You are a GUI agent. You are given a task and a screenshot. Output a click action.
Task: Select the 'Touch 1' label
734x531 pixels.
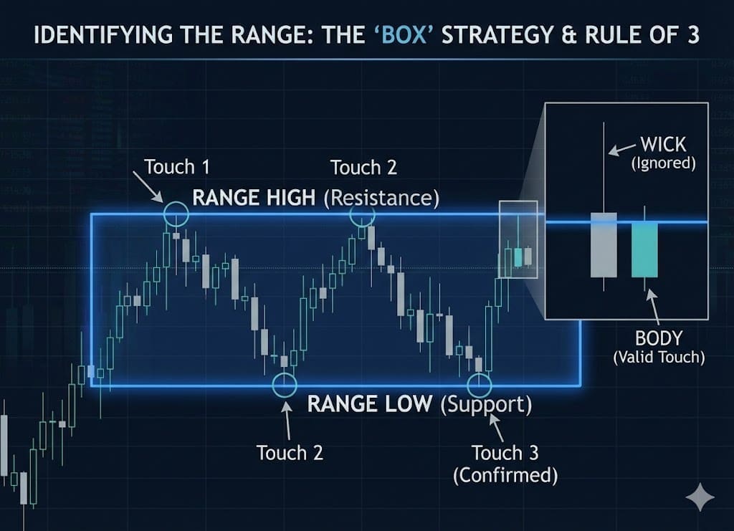click(x=177, y=167)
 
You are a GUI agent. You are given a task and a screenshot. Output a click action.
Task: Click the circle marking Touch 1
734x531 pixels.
click(x=176, y=214)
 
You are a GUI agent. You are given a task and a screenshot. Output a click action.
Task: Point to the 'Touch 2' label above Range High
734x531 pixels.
click(x=363, y=168)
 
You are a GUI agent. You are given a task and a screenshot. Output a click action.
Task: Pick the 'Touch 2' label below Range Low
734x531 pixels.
click(x=290, y=453)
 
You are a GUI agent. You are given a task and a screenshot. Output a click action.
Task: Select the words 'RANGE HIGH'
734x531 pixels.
click(x=254, y=198)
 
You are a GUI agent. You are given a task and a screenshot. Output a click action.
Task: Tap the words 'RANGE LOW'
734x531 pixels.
click(x=369, y=404)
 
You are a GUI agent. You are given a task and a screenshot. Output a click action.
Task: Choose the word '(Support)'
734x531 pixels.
click(x=486, y=404)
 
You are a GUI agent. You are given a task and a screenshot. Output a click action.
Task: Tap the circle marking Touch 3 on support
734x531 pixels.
click(x=480, y=383)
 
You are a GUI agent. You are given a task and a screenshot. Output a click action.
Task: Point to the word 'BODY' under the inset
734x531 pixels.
click(x=658, y=339)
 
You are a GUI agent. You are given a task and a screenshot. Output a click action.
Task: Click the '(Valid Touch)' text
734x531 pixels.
click(x=659, y=357)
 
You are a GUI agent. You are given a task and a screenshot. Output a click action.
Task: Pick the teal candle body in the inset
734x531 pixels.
click(x=644, y=249)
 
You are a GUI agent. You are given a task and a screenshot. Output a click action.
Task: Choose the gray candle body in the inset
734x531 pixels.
click(x=604, y=244)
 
